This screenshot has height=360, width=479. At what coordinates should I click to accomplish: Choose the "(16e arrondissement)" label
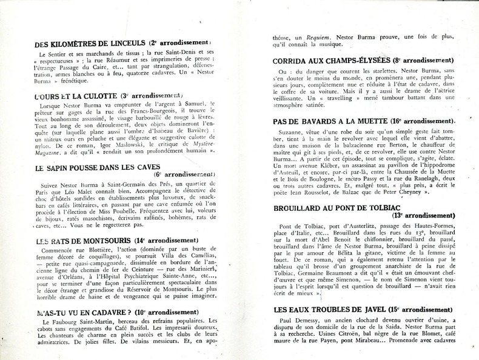pos(429,121)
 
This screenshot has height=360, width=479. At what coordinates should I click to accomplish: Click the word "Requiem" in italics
pos(321,36)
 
